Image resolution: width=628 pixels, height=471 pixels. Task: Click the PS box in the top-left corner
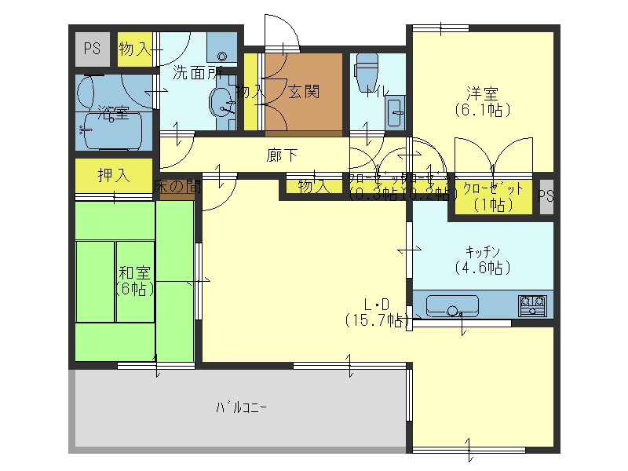[x=93, y=49]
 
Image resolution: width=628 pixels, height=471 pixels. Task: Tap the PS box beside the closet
[x=546, y=196]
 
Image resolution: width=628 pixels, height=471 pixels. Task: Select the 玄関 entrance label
[x=303, y=92]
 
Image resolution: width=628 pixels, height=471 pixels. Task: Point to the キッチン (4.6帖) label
[x=482, y=259]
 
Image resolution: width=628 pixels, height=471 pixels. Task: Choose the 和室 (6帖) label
[x=135, y=280]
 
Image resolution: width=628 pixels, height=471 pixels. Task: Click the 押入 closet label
[x=113, y=174]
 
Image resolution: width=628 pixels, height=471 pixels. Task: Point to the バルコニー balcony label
[x=241, y=407]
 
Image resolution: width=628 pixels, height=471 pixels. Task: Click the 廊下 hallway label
[x=282, y=155]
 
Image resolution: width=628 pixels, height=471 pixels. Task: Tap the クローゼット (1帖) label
[x=492, y=196]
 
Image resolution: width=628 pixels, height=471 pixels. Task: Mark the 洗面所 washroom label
[x=196, y=74]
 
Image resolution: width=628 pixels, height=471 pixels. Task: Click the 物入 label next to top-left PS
[x=134, y=49]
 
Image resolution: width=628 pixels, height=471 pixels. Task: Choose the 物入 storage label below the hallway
[x=312, y=187]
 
